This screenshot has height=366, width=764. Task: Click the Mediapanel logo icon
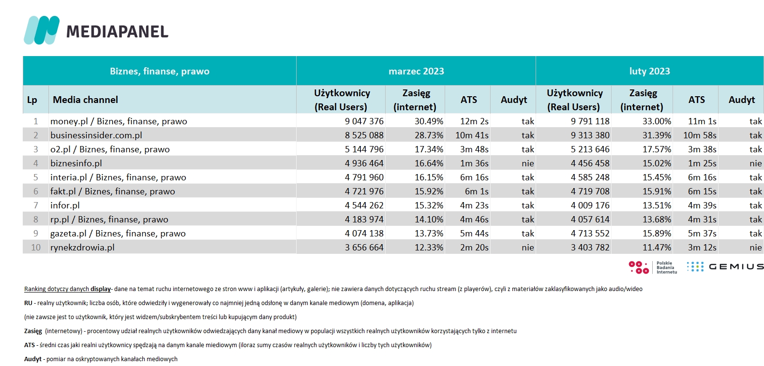(x=42, y=30)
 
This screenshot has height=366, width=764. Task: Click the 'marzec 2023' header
(x=416, y=71)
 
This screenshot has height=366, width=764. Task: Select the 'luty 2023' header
(x=649, y=71)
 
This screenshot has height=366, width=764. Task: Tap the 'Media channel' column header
(x=85, y=100)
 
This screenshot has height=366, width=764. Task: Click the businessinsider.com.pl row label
(x=96, y=135)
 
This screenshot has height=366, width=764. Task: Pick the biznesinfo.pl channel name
(x=76, y=163)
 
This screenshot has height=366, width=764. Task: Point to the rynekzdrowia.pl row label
(x=82, y=248)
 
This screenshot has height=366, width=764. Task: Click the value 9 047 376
(x=364, y=121)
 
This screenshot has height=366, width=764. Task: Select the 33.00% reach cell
(x=657, y=121)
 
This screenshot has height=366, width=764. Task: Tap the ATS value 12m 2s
(x=474, y=121)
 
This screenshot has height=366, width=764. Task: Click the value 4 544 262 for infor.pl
(x=364, y=205)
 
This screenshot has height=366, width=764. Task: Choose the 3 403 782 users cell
(x=590, y=248)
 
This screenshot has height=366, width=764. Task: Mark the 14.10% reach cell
(x=429, y=220)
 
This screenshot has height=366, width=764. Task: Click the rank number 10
(x=35, y=248)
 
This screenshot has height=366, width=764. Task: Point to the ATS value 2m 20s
(x=474, y=248)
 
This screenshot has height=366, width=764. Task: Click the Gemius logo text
(x=736, y=266)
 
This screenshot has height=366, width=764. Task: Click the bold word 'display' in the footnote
(x=100, y=289)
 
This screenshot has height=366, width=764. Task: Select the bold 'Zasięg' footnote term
(x=33, y=331)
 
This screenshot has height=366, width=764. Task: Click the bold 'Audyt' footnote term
(x=33, y=359)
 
